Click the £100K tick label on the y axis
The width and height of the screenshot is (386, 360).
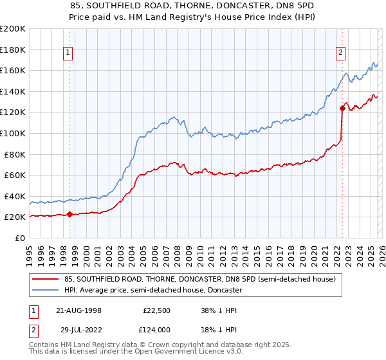pyautogui.click(x=13, y=133)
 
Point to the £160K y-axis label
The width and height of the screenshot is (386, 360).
pyautogui.click(x=13, y=70)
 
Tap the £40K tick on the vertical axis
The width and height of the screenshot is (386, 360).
pyautogui.click(x=15, y=196)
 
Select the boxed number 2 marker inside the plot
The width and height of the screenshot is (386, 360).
pyautogui.click(x=340, y=53)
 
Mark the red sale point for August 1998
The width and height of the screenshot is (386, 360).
pyautogui.click(x=70, y=215)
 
